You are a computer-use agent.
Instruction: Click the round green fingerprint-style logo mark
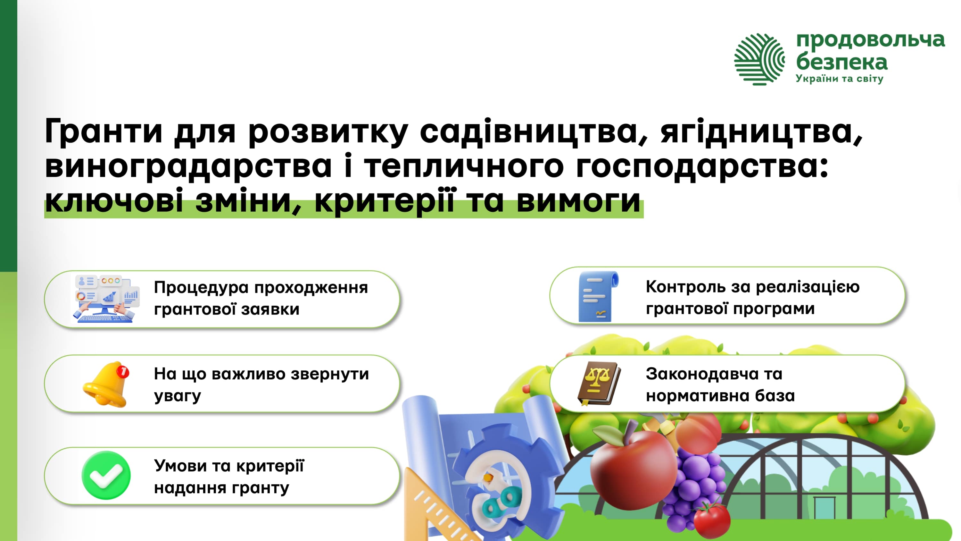[759, 59]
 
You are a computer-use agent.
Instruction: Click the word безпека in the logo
[841, 62]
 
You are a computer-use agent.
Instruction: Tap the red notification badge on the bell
[123, 371]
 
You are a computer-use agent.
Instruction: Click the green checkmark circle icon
[106, 475]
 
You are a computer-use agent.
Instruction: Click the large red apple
[634, 469]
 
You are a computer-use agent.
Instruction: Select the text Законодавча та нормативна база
[720, 384]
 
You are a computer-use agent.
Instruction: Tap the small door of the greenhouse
[824, 508]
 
